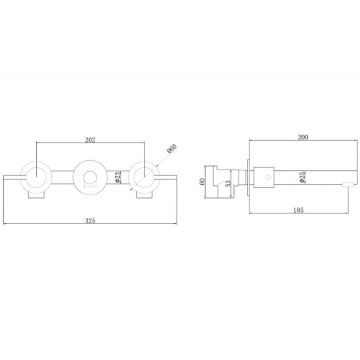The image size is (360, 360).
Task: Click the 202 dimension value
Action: (90, 140)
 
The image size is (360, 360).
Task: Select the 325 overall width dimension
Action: (90, 221)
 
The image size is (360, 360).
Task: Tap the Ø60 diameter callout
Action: (172, 149)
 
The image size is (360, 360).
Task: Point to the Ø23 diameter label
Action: (119, 177)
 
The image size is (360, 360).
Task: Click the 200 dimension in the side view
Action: (303, 137)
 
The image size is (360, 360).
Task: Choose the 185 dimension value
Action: (298, 210)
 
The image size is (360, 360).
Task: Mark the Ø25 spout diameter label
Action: (302, 177)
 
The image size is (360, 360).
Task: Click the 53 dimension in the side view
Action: (228, 183)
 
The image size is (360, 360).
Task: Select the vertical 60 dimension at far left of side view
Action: (202, 182)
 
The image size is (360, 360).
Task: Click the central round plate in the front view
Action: (90, 162)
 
